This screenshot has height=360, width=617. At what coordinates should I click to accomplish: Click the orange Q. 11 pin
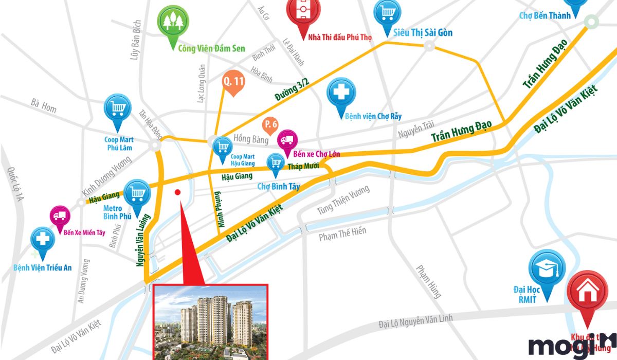(233, 81)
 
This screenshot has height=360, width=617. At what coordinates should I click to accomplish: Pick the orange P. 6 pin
(270, 125)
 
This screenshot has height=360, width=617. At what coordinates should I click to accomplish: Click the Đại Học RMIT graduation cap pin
(547, 268)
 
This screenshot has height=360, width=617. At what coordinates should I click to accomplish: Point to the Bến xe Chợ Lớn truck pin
(287, 140)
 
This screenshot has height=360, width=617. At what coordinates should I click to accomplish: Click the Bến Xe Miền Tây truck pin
(59, 217)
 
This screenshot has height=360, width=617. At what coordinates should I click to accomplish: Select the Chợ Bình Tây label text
(278, 187)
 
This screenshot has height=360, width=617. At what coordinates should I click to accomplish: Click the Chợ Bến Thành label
(545, 15)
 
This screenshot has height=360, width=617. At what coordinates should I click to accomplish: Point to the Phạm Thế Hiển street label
(342, 234)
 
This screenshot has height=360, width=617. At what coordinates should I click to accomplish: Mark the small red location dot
(177, 192)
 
